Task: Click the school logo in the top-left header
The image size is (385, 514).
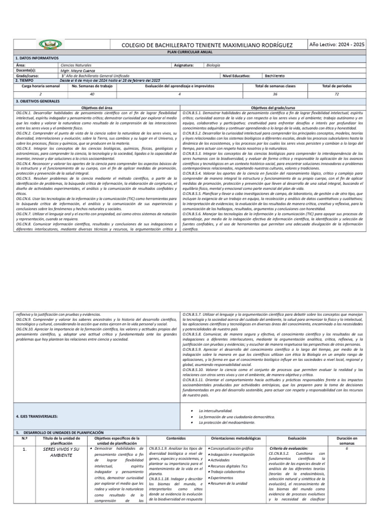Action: tap(50, 46)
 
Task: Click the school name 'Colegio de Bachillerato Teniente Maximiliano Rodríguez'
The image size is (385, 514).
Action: tap(214, 46)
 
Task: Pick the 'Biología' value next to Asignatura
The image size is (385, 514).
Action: tap(213, 65)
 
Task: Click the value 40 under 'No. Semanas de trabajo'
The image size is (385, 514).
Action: tap(92, 94)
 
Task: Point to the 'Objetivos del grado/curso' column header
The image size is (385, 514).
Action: tap(280, 108)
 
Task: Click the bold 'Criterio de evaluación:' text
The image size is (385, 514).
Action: tap(289, 448)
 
